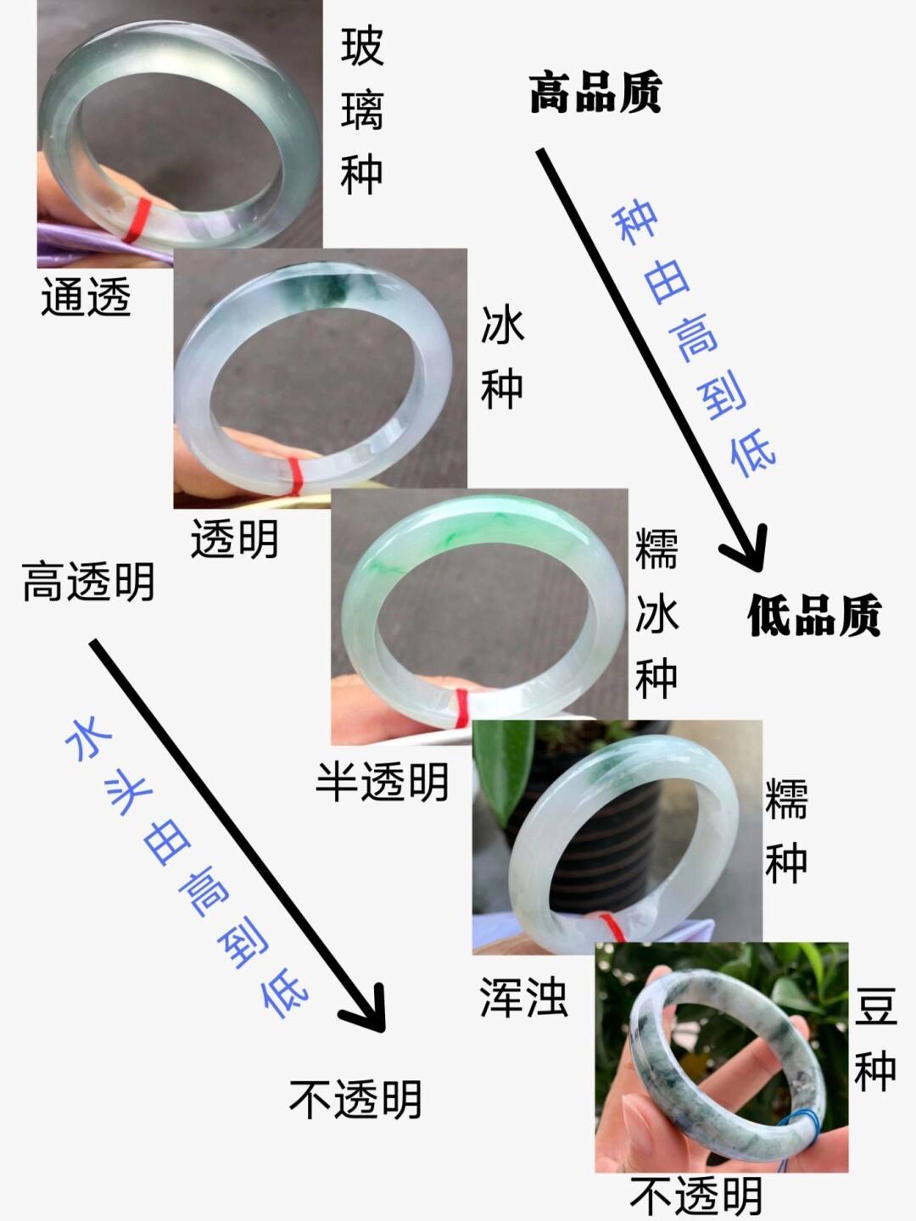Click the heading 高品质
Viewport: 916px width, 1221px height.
pyautogui.click(x=595, y=92)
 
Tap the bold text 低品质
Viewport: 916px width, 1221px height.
pyautogui.click(x=813, y=615)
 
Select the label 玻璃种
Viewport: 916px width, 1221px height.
pyautogui.click(x=362, y=110)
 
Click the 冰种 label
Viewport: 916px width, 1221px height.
pyautogui.click(x=502, y=357)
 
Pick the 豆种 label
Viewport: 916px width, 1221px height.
pyautogui.click(x=875, y=1038)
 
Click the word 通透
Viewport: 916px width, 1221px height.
pyautogui.click(x=86, y=297)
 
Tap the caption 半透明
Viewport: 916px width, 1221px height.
pyautogui.click(x=382, y=781)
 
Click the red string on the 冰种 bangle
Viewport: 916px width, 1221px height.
pyautogui.click(x=294, y=474)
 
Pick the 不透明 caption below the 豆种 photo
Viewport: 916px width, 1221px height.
pyautogui.click(x=695, y=1196)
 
